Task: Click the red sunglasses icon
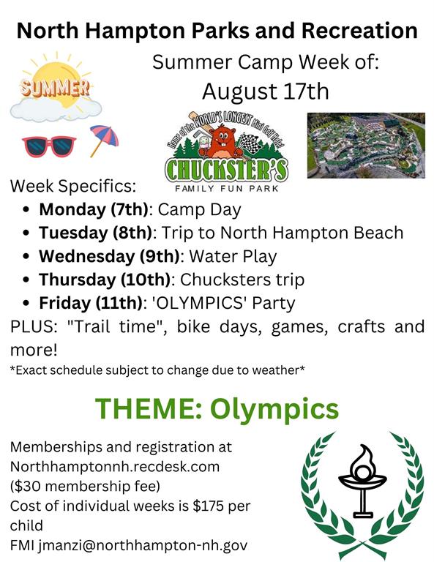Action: coord(48,143)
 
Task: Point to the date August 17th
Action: coord(266,92)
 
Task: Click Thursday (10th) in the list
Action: coord(105,280)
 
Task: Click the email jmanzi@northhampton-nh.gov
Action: coord(143,545)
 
